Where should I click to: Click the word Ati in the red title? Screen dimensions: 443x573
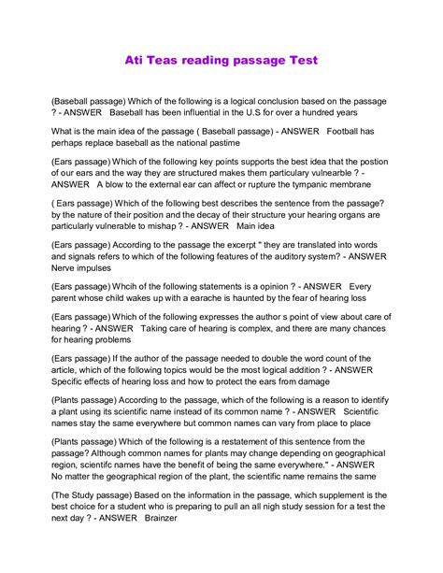click(x=136, y=60)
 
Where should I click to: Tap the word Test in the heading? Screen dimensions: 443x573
click(x=299, y=60)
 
